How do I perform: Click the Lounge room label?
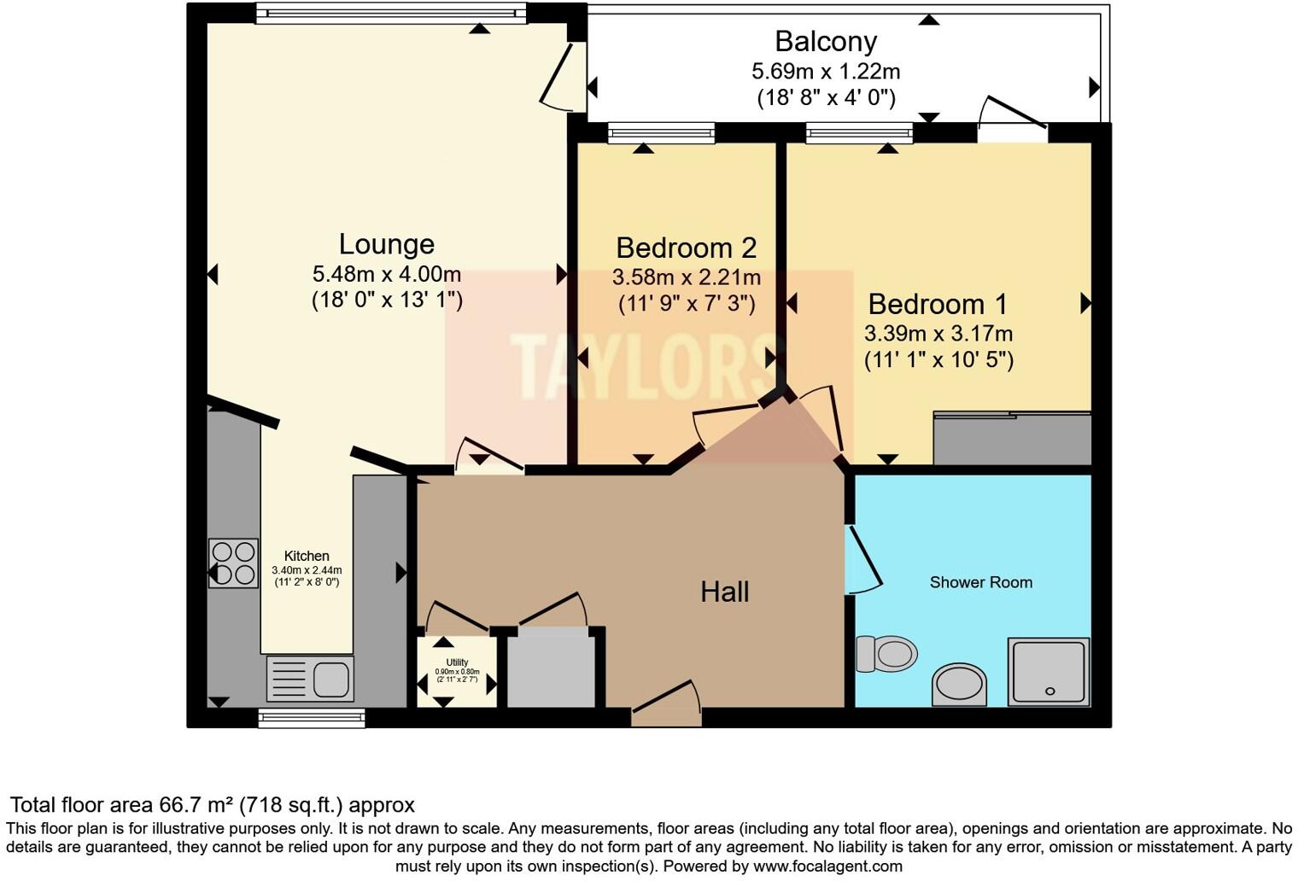(x=386, y=244)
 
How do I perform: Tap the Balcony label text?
(x=825, y=41)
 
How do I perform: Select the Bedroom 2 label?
(x=686, y=248)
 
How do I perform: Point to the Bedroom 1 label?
(x=938, y=304)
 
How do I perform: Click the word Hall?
(x=724, y=592)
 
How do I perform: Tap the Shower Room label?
(x=980, y=582)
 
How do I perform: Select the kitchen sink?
(x=310, y=679)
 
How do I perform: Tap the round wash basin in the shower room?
(x=958, y=684)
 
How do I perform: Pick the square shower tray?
(x=1049, y=672)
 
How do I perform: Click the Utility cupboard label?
(x=457, y=662)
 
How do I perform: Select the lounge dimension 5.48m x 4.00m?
(x=386, y=274)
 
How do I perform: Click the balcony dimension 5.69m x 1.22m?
(x=825, y=71)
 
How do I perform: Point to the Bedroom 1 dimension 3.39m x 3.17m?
(x=938, y=333)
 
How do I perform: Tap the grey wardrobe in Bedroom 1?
(x=1012, y=439)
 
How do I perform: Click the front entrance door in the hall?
(x=667, y=709)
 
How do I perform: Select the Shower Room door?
(x=862, y=559)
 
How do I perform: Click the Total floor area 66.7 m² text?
(x=212, y=805)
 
